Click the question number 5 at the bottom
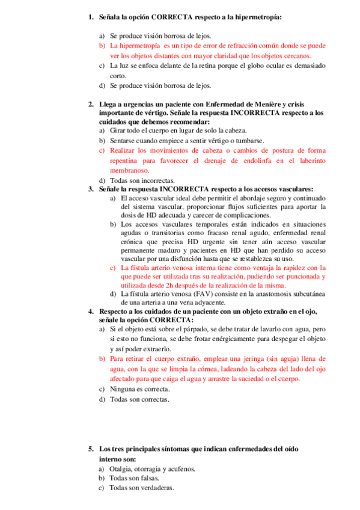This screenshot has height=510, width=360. coord(90,449)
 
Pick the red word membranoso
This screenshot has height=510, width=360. coord(129,170)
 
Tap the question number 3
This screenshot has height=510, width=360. coord(90,188)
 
